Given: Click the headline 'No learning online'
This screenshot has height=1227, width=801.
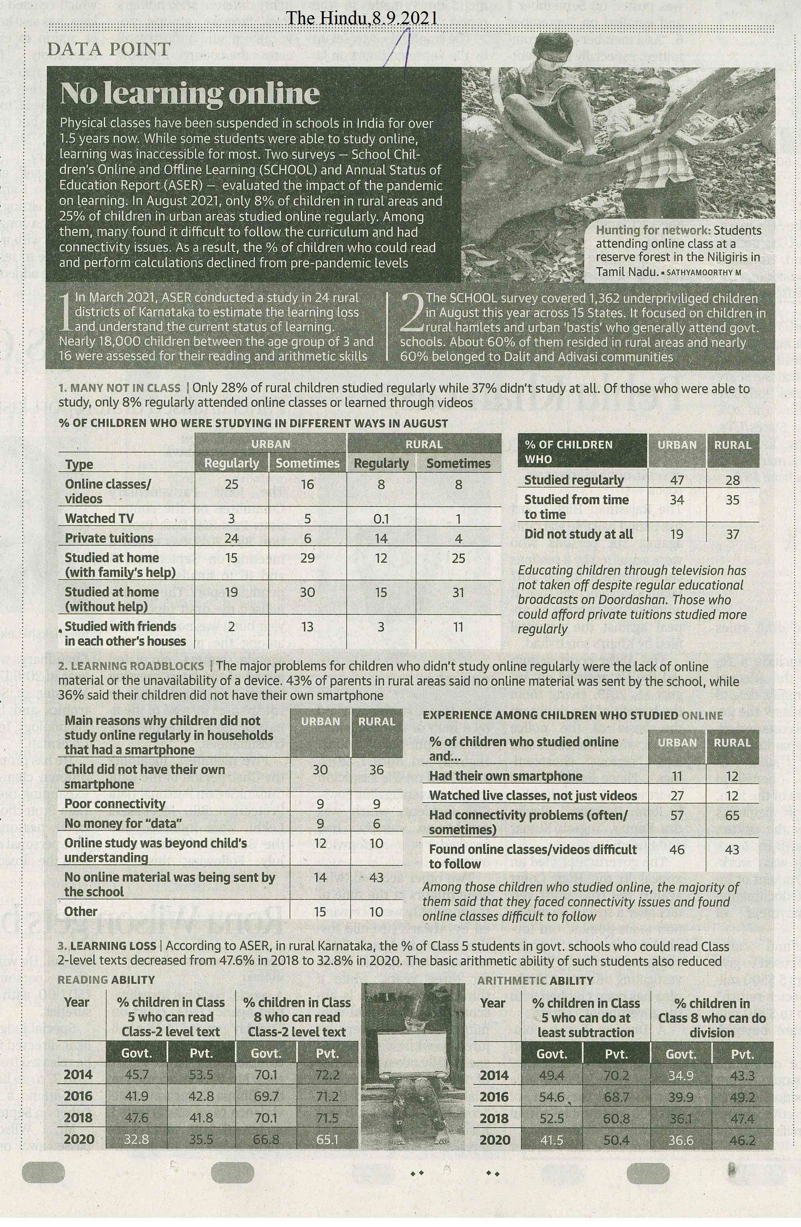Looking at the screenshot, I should pos(189,93).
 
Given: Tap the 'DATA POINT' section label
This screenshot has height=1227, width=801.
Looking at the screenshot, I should pos(108,49).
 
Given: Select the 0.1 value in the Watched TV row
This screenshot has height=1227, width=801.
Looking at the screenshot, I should pos(381,518).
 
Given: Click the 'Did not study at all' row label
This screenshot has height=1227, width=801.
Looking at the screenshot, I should pos(578,534).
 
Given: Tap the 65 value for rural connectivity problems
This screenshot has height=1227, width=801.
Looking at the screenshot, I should pos(732,816).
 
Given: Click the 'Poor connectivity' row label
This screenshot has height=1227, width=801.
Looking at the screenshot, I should pos(114,804).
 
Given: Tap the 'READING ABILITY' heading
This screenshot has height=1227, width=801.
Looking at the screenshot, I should pos(106,980).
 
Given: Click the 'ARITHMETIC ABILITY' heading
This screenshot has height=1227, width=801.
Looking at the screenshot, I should pos(535,980).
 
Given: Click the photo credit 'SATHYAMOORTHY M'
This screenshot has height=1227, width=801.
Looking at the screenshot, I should pos(704,272).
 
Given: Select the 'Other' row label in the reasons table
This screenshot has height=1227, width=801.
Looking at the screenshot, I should pos(81,911).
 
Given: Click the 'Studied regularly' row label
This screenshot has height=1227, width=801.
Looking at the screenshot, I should pos(574,480).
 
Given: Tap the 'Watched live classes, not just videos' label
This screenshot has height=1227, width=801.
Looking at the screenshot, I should pos(533,796).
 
